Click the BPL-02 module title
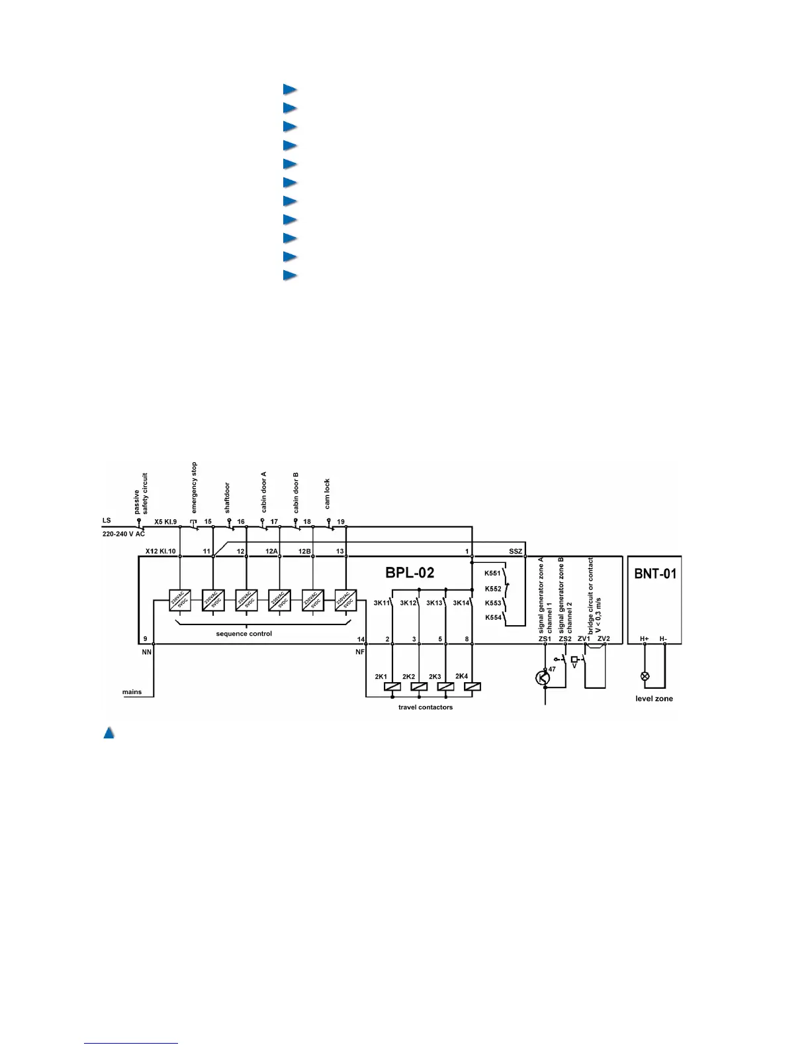(410, 573)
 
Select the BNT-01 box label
(655, 574)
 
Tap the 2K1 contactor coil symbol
(392, 686)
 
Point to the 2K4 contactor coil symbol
(472, 686)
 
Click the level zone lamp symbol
(645, 676)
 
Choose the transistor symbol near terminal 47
(543, 677)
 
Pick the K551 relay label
(493, 574)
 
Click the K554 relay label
(493, 617)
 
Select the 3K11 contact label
(382, 603)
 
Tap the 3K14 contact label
(461, 603)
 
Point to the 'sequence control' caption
(244, 634)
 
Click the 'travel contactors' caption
(426, 707)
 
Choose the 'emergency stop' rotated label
(195, 487)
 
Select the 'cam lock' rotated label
(327, 494)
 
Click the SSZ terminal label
(516, 552)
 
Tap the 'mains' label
(132, 692)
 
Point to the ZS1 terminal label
(545, 639)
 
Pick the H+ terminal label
(645, 639)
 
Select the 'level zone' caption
(654, 699)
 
